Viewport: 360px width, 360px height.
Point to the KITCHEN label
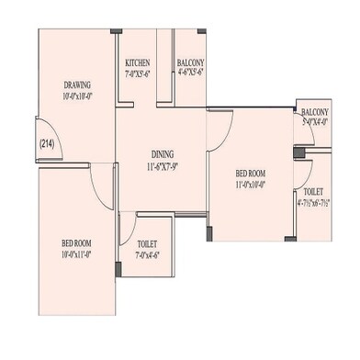pos(138,62)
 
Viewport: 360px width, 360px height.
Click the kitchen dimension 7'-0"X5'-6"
pos(138,73)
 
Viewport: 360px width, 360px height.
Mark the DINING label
pos(163,154)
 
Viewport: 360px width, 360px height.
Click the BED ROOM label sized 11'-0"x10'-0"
pos(250,173)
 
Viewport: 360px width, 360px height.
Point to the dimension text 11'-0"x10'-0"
pos(250,184)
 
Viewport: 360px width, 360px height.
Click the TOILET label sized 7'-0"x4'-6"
pos(147,244)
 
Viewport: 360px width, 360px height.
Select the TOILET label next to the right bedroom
pos(312,193)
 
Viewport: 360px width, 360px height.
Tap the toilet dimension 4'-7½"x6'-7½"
pos(312,204)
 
